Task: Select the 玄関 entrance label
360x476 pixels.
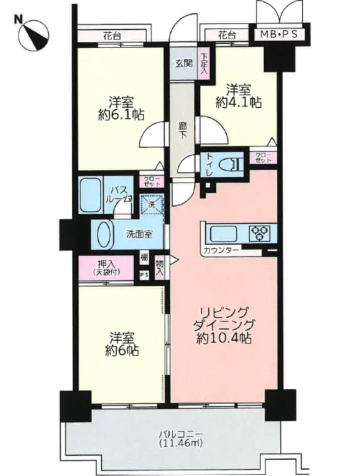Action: point(183,63)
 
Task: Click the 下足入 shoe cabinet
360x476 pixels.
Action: point(204,64)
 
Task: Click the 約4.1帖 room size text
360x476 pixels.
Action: point(239,102)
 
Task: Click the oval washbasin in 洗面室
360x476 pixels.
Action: point(103,234)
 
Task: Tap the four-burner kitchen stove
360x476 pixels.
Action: point(259,233)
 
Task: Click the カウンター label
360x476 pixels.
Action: point(220,252)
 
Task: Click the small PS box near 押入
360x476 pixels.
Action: point(144,275)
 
